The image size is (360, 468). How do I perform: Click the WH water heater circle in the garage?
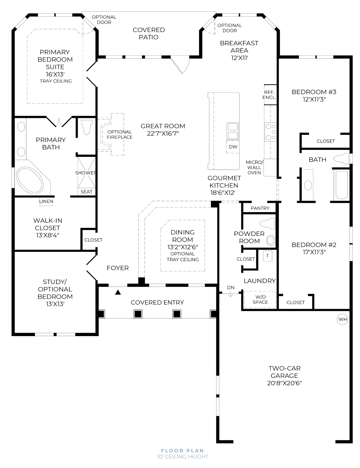click(x=342, y=319)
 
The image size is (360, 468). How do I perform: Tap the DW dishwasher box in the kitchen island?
click(x=233, y=147)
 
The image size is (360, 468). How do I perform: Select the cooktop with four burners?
click(x=270, y=132)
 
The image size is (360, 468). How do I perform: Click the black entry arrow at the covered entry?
click(x=118, y=292)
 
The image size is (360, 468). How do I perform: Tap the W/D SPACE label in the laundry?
click(x=260, y=299)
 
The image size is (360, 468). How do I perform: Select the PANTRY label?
click(x=260, y=208)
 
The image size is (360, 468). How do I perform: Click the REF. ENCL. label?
click(x=269, y=95)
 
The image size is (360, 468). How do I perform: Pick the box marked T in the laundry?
click(x=267, y=256)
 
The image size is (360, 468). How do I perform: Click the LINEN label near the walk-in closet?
click(x=46, y=201)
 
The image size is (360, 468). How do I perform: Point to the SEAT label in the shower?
click(x=86, y=192)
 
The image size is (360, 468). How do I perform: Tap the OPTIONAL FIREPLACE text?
click(x=120, y=135)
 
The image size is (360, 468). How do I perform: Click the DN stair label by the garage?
click(x=231, y=287)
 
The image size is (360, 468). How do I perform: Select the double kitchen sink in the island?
click(x=233, y=131)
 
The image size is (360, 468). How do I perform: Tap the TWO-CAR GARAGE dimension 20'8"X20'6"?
click(x=284, y=383)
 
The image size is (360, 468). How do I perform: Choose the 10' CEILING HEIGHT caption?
click(x=183, y=457)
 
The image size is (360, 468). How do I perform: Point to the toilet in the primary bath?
click(x=86, y=127)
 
